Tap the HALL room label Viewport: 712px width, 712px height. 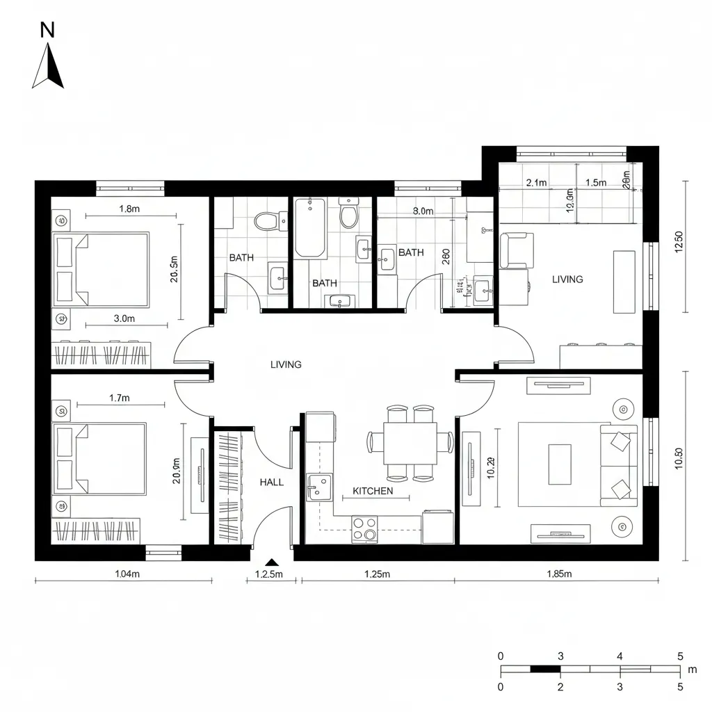click(271, 482)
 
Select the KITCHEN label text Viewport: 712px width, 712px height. click(373, 491)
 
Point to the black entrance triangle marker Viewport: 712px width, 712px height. click(273, 563)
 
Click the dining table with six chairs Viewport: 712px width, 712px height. click(410, 442)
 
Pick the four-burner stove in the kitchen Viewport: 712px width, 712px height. click(364, 528)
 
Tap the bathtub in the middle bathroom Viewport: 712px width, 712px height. click(309, 228)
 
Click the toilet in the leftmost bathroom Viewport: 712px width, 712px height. click(266, 221)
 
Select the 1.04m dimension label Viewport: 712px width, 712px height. click(127, 574)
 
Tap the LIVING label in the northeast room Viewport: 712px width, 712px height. click(567, 280)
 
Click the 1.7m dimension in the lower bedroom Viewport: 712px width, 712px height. click(120, 398)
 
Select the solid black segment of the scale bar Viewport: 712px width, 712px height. click(545, 670)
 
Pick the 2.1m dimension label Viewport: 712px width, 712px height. click(537, 183)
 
